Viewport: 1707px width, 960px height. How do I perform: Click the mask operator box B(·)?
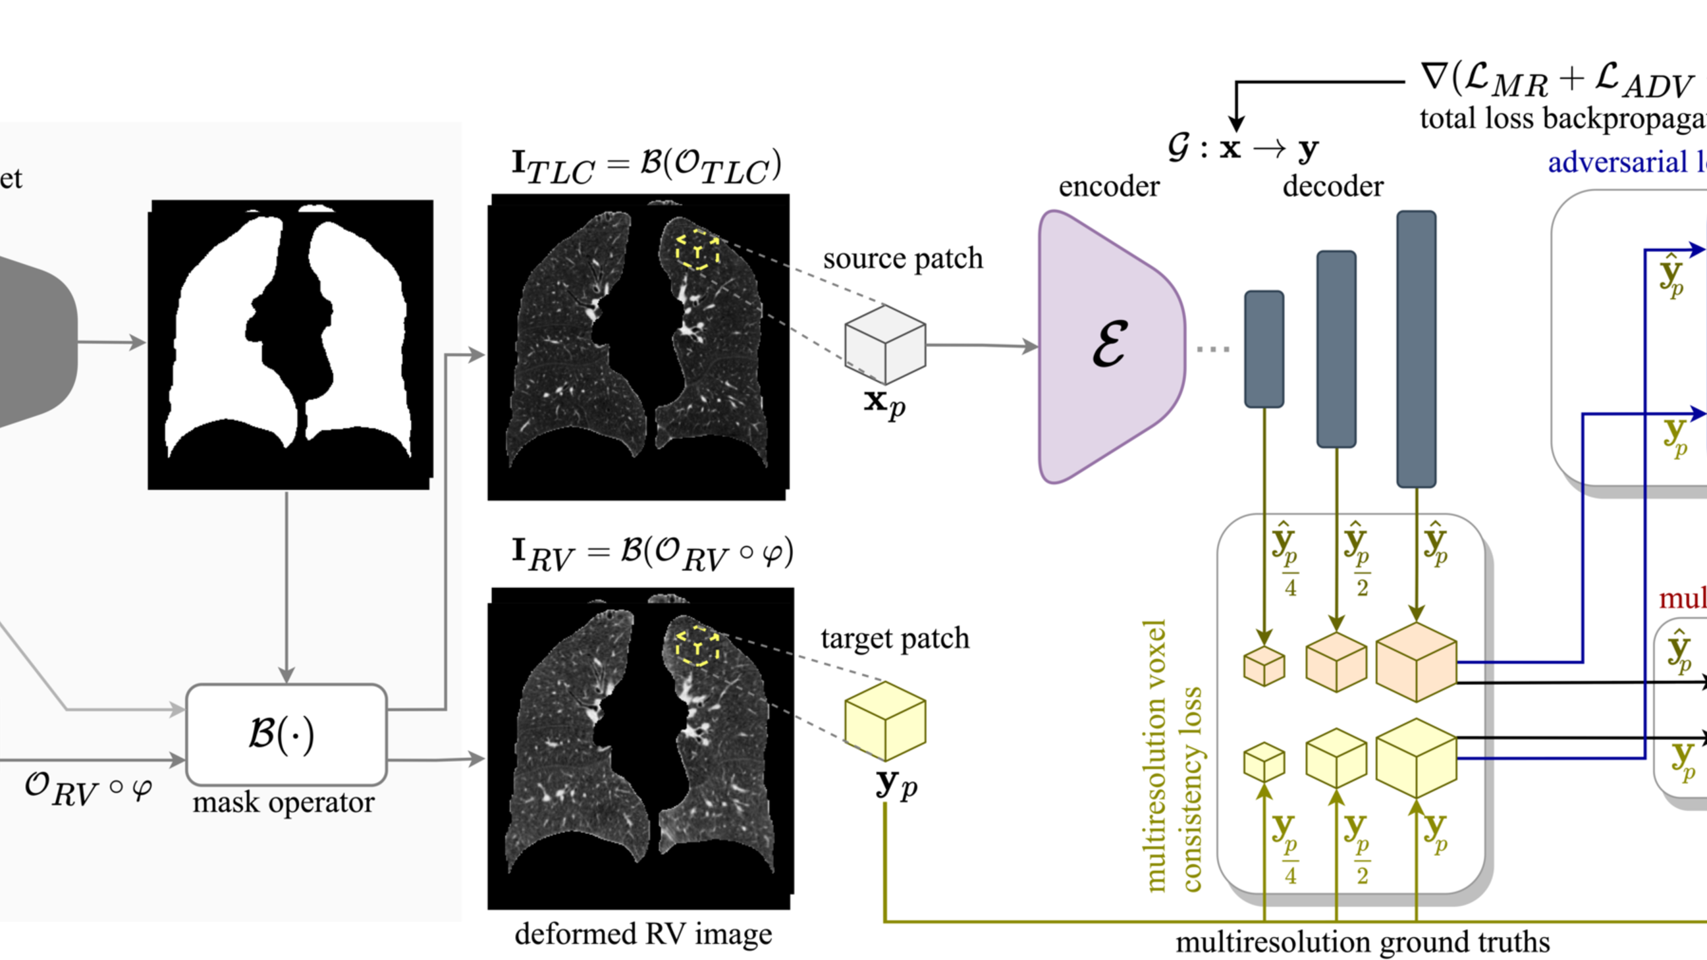[x=286, y=734]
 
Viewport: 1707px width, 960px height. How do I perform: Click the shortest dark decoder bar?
[x=1264, y=348]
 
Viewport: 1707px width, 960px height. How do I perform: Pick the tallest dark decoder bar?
[x=1416, y=348]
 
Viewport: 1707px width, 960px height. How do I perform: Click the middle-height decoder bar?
[x=1336, y=348]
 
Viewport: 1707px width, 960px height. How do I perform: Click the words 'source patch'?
[x=902, y=258]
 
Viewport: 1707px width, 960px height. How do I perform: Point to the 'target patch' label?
[x=894, y=639]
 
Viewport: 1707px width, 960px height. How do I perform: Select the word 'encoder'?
[x=1108, y=186]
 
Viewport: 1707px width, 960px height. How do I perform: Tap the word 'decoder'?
[x=1332, y=186]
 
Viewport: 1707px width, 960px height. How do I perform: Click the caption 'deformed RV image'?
[x=643, y=934]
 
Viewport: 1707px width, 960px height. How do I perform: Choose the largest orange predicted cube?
[x=1416, y=662]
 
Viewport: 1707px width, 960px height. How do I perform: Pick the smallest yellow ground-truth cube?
[x=1264, y=762]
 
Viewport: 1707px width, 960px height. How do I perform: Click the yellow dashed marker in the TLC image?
[x=697, y=250]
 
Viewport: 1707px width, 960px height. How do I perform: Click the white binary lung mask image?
[x=290, y=344]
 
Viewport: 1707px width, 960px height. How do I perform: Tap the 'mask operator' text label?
[x=283, y=803]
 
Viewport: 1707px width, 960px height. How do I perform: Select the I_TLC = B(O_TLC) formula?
[x=646, y=167]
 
